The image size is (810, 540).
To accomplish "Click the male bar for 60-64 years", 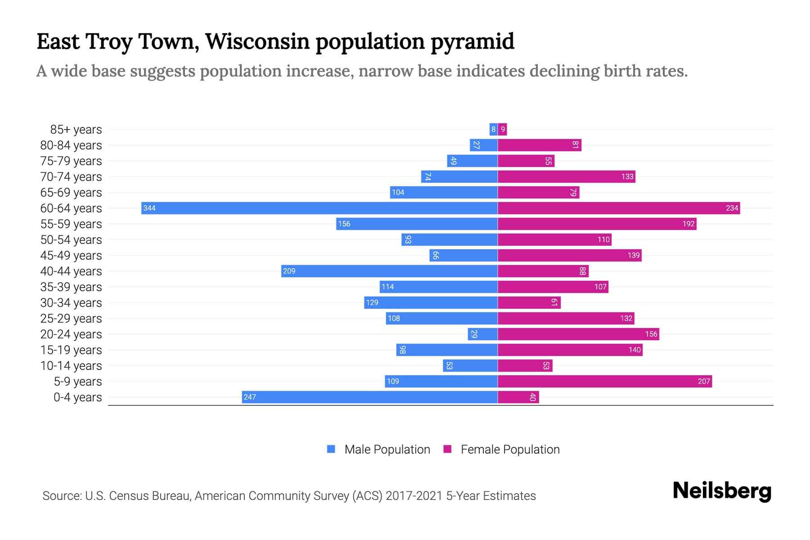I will pos(319,208).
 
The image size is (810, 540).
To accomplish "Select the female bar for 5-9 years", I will pos(605,381).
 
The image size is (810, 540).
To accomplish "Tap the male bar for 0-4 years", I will pos(369,397).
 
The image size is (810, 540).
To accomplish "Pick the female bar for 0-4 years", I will pos(518,397).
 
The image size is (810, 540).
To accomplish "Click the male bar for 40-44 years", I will pos(389,271).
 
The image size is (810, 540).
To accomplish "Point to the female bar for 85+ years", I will pos(502,129).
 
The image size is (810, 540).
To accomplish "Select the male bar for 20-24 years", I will pos(482,334).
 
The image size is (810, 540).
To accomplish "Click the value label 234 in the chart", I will pos(732,208).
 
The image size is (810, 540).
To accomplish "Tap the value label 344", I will pos(149,208).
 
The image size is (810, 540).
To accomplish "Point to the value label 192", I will pos(688,224).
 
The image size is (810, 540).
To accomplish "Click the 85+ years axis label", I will pos(76,130).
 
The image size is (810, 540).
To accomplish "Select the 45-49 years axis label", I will pos(71,256).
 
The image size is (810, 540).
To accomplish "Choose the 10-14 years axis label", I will pos(71,366).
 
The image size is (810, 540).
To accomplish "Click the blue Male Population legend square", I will pos(331,449).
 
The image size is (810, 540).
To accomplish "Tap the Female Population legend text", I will pos(510,450).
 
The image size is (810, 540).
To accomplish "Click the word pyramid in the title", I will pos(472,42).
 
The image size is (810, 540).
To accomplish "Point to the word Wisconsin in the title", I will pos(257,41).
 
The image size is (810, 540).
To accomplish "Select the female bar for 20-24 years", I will pos(578,334).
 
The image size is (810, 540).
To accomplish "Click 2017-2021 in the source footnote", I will pos(414,496).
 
